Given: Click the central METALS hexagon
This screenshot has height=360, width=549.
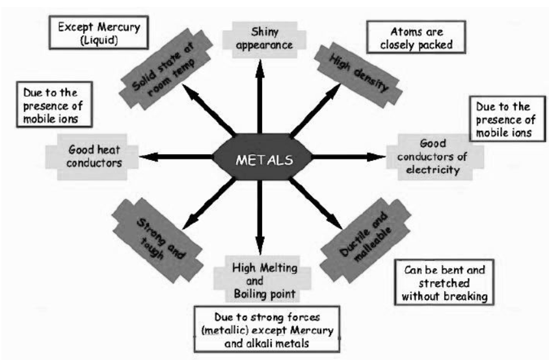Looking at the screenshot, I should pos(262,158).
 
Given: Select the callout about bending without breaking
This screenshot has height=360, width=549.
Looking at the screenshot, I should pos(443,281).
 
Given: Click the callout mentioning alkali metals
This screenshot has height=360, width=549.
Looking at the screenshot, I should pos(269,330).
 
